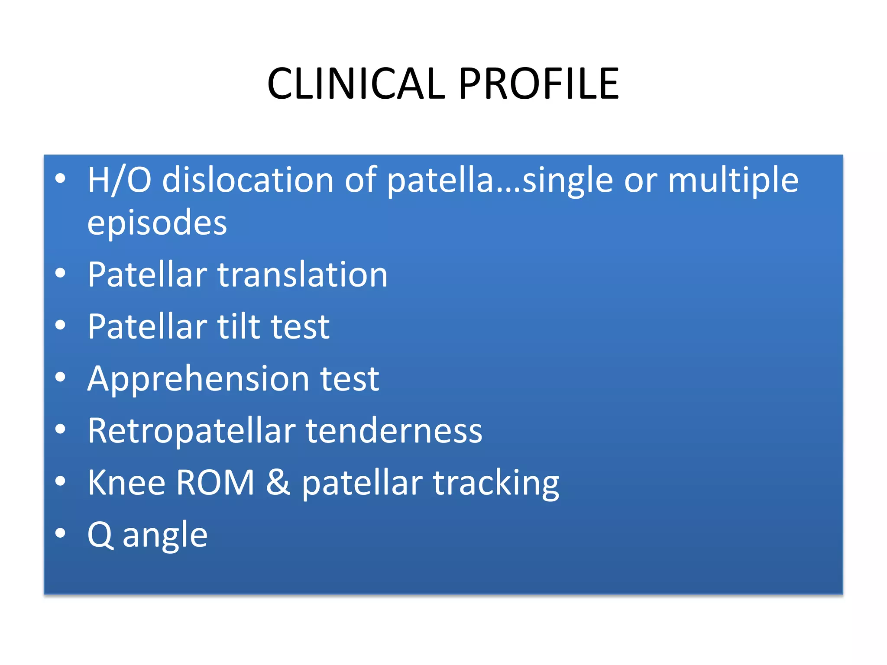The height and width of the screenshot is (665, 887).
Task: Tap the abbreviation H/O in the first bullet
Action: point(119,180)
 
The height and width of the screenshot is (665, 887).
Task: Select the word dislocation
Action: point(248,180)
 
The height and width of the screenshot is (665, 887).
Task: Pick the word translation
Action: point(302,275)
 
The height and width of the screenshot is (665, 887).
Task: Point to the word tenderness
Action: point(394,431)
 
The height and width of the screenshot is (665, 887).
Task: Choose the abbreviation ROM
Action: point(215,483)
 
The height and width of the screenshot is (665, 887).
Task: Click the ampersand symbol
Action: point(278,483)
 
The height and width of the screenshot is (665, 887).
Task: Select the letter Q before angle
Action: point(100,535)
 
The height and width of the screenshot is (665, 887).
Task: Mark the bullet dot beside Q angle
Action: point(61,533)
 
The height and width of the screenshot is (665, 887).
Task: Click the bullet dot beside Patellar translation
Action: point(61,273)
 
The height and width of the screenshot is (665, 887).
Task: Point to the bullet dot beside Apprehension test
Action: point(61,377)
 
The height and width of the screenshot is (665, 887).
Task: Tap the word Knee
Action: point(126,483)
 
